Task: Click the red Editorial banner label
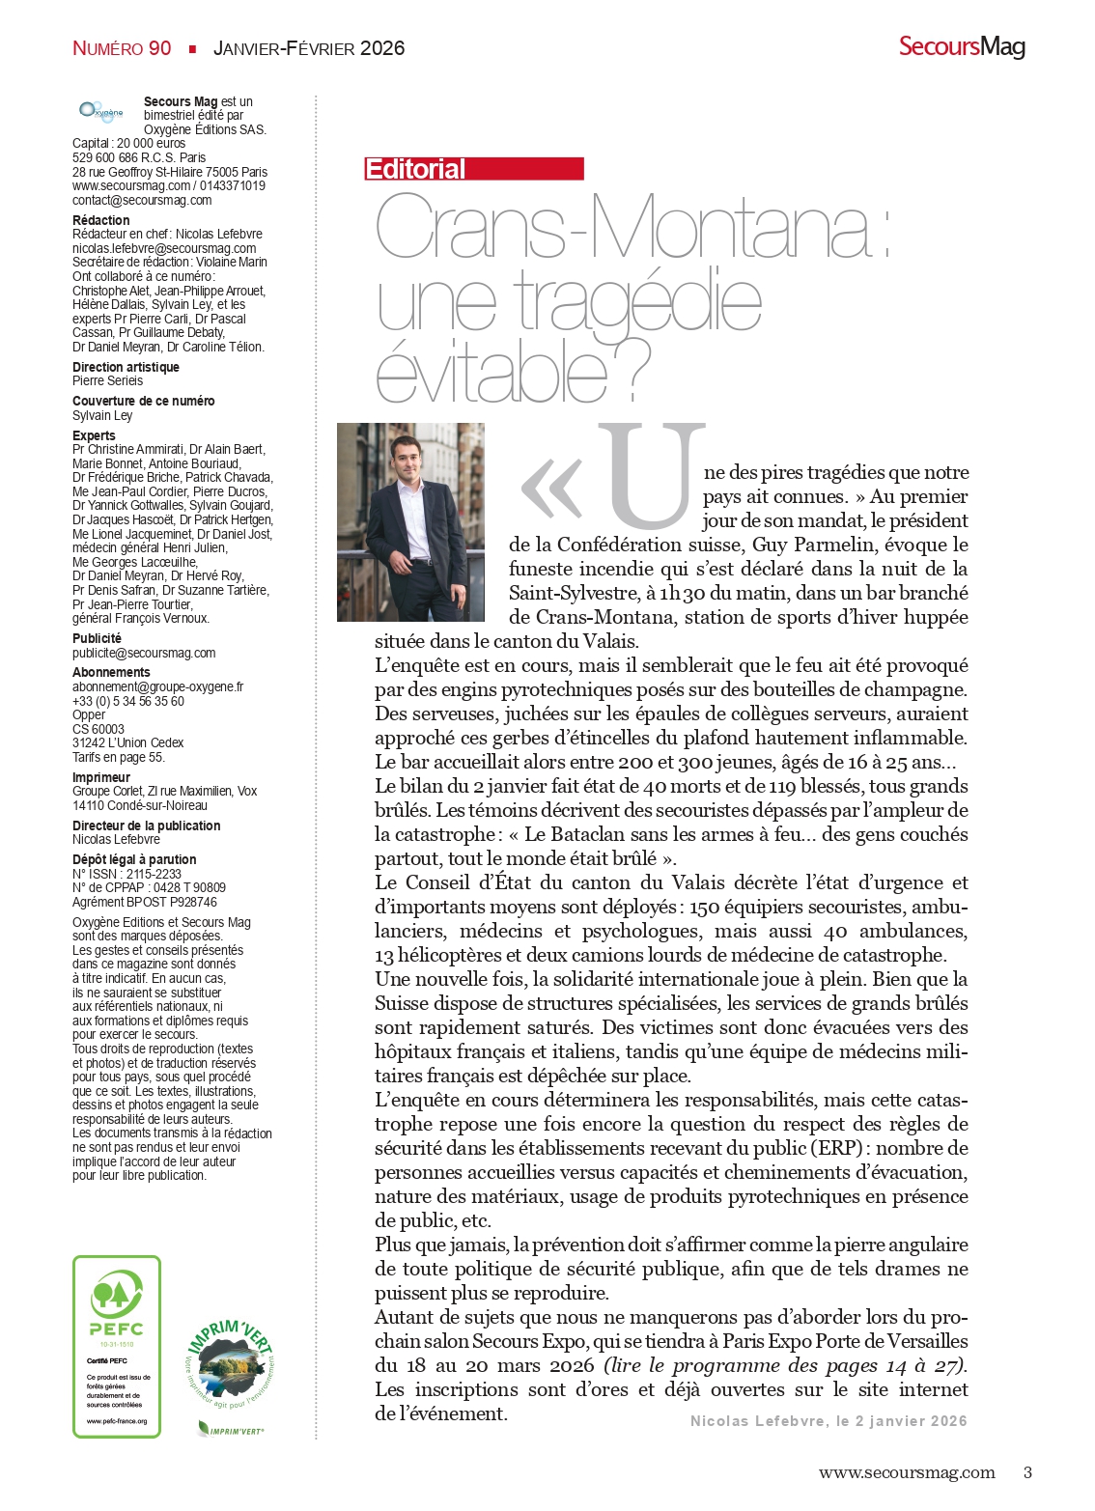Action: click(x=473, y=169)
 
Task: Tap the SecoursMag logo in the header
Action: click(x=961, y=46)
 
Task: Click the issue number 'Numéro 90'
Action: click(x=122, y=48)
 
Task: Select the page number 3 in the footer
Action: click(x=1027, y=1472)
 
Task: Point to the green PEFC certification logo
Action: click(x=117, y=1346)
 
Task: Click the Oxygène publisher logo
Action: click(x=101, y=112)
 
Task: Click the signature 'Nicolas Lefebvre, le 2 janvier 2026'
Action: click(x=828, y=1421)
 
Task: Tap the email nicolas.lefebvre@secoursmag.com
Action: click(x=164, y=248)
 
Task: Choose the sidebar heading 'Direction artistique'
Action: click(x=126, y=367)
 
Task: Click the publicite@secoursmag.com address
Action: click(x=144, y=653)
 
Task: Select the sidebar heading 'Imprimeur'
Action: click(x=101, y=777)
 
